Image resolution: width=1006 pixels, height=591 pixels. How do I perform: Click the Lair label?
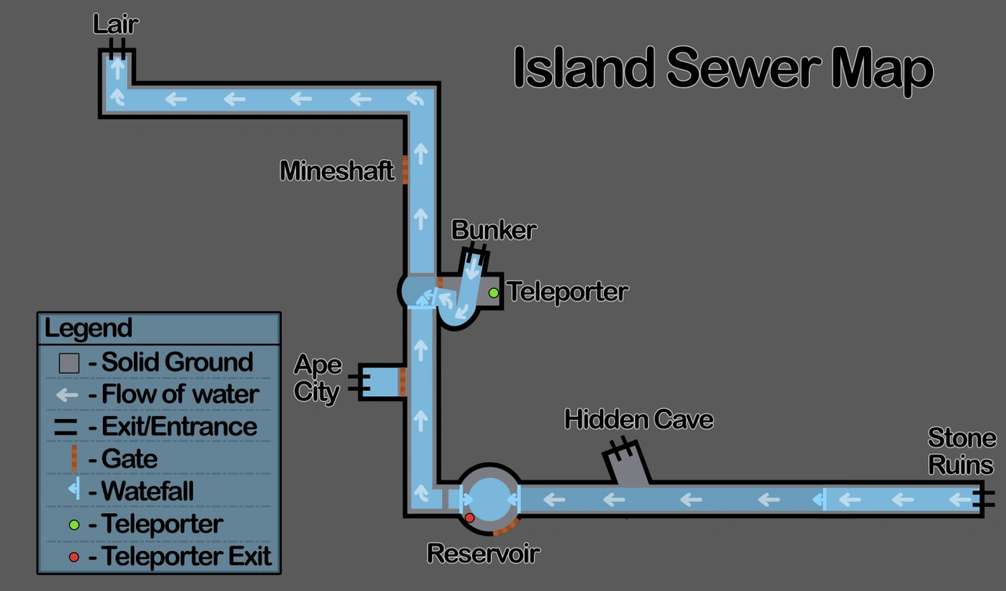pos(115,24)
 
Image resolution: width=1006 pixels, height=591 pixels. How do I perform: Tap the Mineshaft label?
pos(337,170)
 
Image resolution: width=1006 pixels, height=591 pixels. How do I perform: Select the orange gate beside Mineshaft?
pos(405,170)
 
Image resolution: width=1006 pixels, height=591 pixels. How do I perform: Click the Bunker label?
pos(494,230)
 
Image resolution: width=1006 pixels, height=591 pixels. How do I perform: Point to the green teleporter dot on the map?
pos(493,293)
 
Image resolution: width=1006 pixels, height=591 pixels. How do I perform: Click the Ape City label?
pos(317,378)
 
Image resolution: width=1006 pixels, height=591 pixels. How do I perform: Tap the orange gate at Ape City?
pos(402,381)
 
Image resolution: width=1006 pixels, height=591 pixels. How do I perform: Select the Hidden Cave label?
pos(638,419)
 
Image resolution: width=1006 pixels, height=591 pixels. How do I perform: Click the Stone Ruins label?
pos(961,451)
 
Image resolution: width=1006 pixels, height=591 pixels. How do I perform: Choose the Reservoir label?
pos(483,553)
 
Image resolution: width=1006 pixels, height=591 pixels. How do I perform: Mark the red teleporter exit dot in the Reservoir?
pos(470,518)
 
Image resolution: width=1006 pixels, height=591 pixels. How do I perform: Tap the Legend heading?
pos(88,327)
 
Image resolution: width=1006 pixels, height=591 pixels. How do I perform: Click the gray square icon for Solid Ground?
pos(69,363)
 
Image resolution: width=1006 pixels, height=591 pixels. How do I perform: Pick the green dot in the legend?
pos(74,524)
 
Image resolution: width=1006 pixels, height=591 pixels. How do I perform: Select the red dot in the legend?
pos(74,557)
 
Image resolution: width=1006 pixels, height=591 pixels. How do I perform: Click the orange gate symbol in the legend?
pos(74,459)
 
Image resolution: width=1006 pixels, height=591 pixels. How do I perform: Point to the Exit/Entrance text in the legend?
pos(179,427)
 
